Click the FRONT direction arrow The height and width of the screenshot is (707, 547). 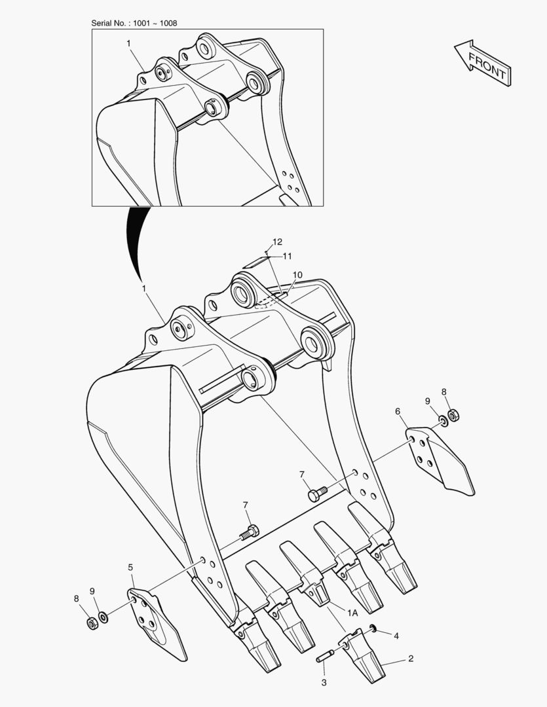[482, 63]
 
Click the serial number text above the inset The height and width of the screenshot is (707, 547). [134, 23]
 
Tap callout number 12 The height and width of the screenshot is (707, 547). [277, 242]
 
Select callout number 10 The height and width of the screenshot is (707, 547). [297, 275]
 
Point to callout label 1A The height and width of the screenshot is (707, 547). [352, 613]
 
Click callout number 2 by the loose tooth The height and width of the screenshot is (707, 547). [411, 659]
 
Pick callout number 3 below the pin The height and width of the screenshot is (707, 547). [324, 683]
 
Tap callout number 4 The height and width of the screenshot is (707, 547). [396, 636]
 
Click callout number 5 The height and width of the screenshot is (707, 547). [130, 567]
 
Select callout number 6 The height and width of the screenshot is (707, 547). [398, 411]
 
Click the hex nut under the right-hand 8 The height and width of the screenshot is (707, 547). [454, 414]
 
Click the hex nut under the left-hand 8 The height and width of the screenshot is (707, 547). [92, 624]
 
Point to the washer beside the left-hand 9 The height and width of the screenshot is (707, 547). [104, 617]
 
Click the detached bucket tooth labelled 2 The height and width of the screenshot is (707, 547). [364, 655]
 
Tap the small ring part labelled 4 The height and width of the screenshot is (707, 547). [373, 628]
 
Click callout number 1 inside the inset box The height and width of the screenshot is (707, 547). [128, 43]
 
